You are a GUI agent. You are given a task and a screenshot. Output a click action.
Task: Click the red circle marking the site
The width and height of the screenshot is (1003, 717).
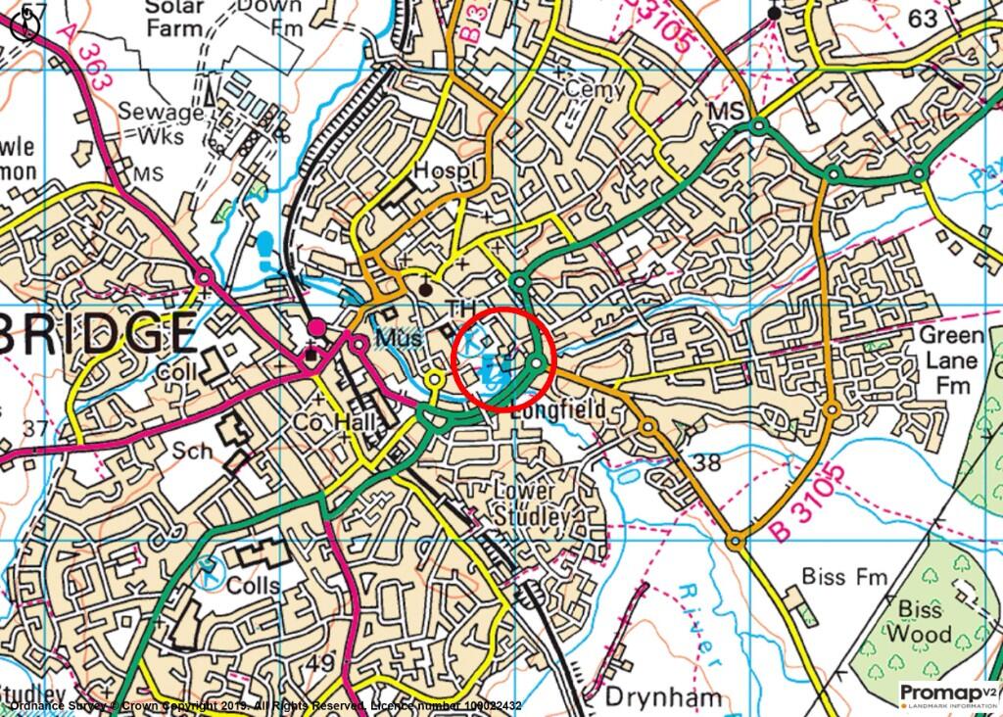coord(504,357)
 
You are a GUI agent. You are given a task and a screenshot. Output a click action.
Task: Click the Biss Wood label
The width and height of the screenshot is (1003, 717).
coord(918,621)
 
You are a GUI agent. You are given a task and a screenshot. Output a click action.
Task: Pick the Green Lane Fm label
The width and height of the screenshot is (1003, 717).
coord(949,359)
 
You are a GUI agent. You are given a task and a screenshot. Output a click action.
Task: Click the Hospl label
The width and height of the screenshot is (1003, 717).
coord(448,169)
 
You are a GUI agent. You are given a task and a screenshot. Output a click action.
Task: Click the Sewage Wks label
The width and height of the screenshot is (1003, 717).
coord(160,122)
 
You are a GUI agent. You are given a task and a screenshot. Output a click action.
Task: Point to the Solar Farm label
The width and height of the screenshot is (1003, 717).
coord(175,17)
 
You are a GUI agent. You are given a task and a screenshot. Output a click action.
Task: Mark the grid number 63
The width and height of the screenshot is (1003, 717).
coord(922,19)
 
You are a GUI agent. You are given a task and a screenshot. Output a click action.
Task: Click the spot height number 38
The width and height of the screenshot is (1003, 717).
coord(706,461)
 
